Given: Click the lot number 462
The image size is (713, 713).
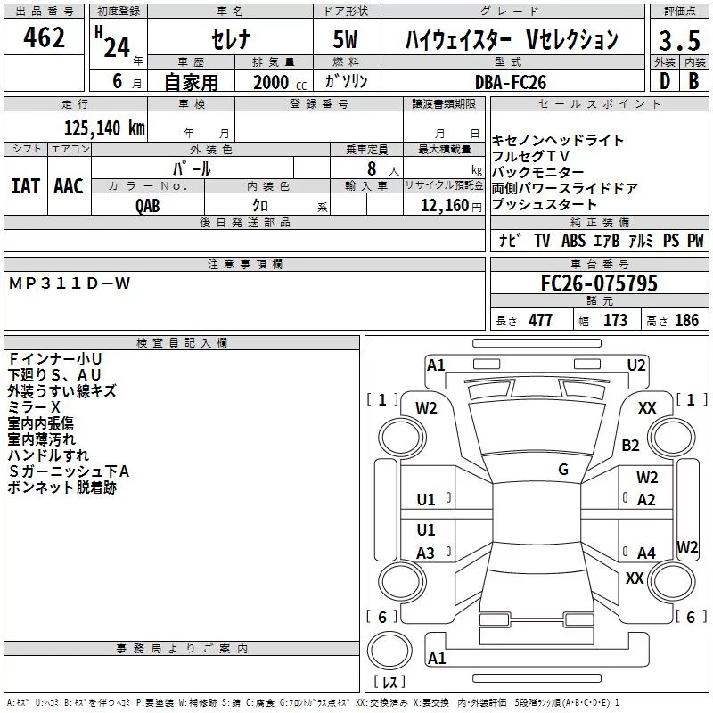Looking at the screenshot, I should (x=45, y=38).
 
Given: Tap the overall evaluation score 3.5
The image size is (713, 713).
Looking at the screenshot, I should (x=678, y=41).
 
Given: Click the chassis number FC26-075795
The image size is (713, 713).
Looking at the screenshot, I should (x=599, y=283).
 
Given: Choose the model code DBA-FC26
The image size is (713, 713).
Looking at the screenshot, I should (x=511, y=82).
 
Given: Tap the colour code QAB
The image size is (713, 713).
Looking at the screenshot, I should (x=148, y=206).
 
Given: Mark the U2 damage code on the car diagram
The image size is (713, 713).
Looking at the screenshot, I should (x=635, y=365).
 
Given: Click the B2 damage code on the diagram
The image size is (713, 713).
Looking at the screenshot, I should (x=631, y=445).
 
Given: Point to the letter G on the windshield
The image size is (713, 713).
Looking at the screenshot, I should (x=563, y=469).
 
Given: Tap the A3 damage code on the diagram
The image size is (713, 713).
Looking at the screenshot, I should (x=426, y=553).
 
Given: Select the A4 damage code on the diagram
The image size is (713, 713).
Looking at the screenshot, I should (x=646, y=553).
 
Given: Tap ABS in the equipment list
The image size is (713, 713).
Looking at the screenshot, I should (x=573, y=240).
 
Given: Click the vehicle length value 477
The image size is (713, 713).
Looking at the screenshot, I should (x=540, y=321).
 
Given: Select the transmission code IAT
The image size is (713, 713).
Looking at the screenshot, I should (x=25, y=185).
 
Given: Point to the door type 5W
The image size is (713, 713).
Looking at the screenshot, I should (x=346, y=39).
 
